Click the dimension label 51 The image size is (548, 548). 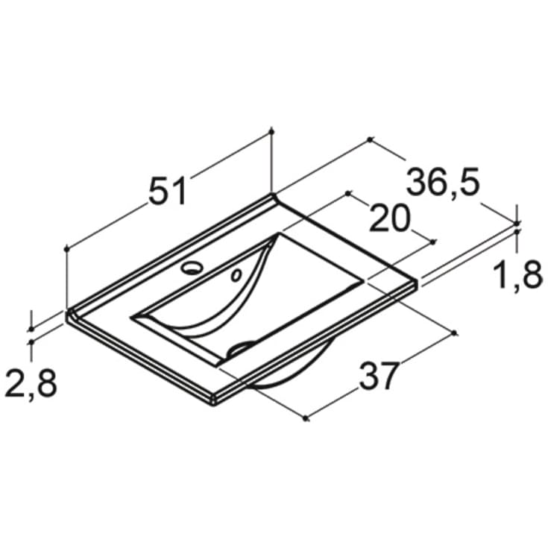click(168, 191)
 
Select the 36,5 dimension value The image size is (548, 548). click(443, 182)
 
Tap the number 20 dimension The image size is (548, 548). click(389, 218)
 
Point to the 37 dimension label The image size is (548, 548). click(379, 376)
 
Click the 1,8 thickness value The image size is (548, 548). click(517, 276)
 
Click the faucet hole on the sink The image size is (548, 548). click(192, 268)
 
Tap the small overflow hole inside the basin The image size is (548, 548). click(236, 275)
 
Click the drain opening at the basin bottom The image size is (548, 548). click(240, 348)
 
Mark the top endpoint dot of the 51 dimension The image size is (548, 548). click(272, 131)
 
